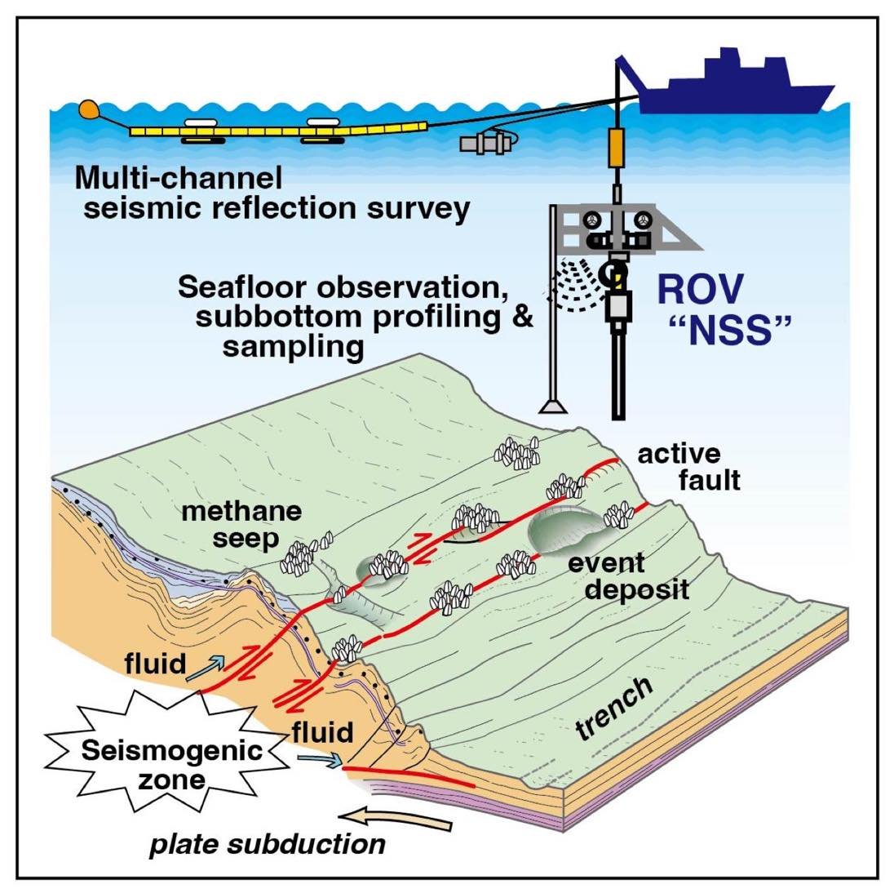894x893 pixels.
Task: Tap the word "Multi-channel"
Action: [179, 177]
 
